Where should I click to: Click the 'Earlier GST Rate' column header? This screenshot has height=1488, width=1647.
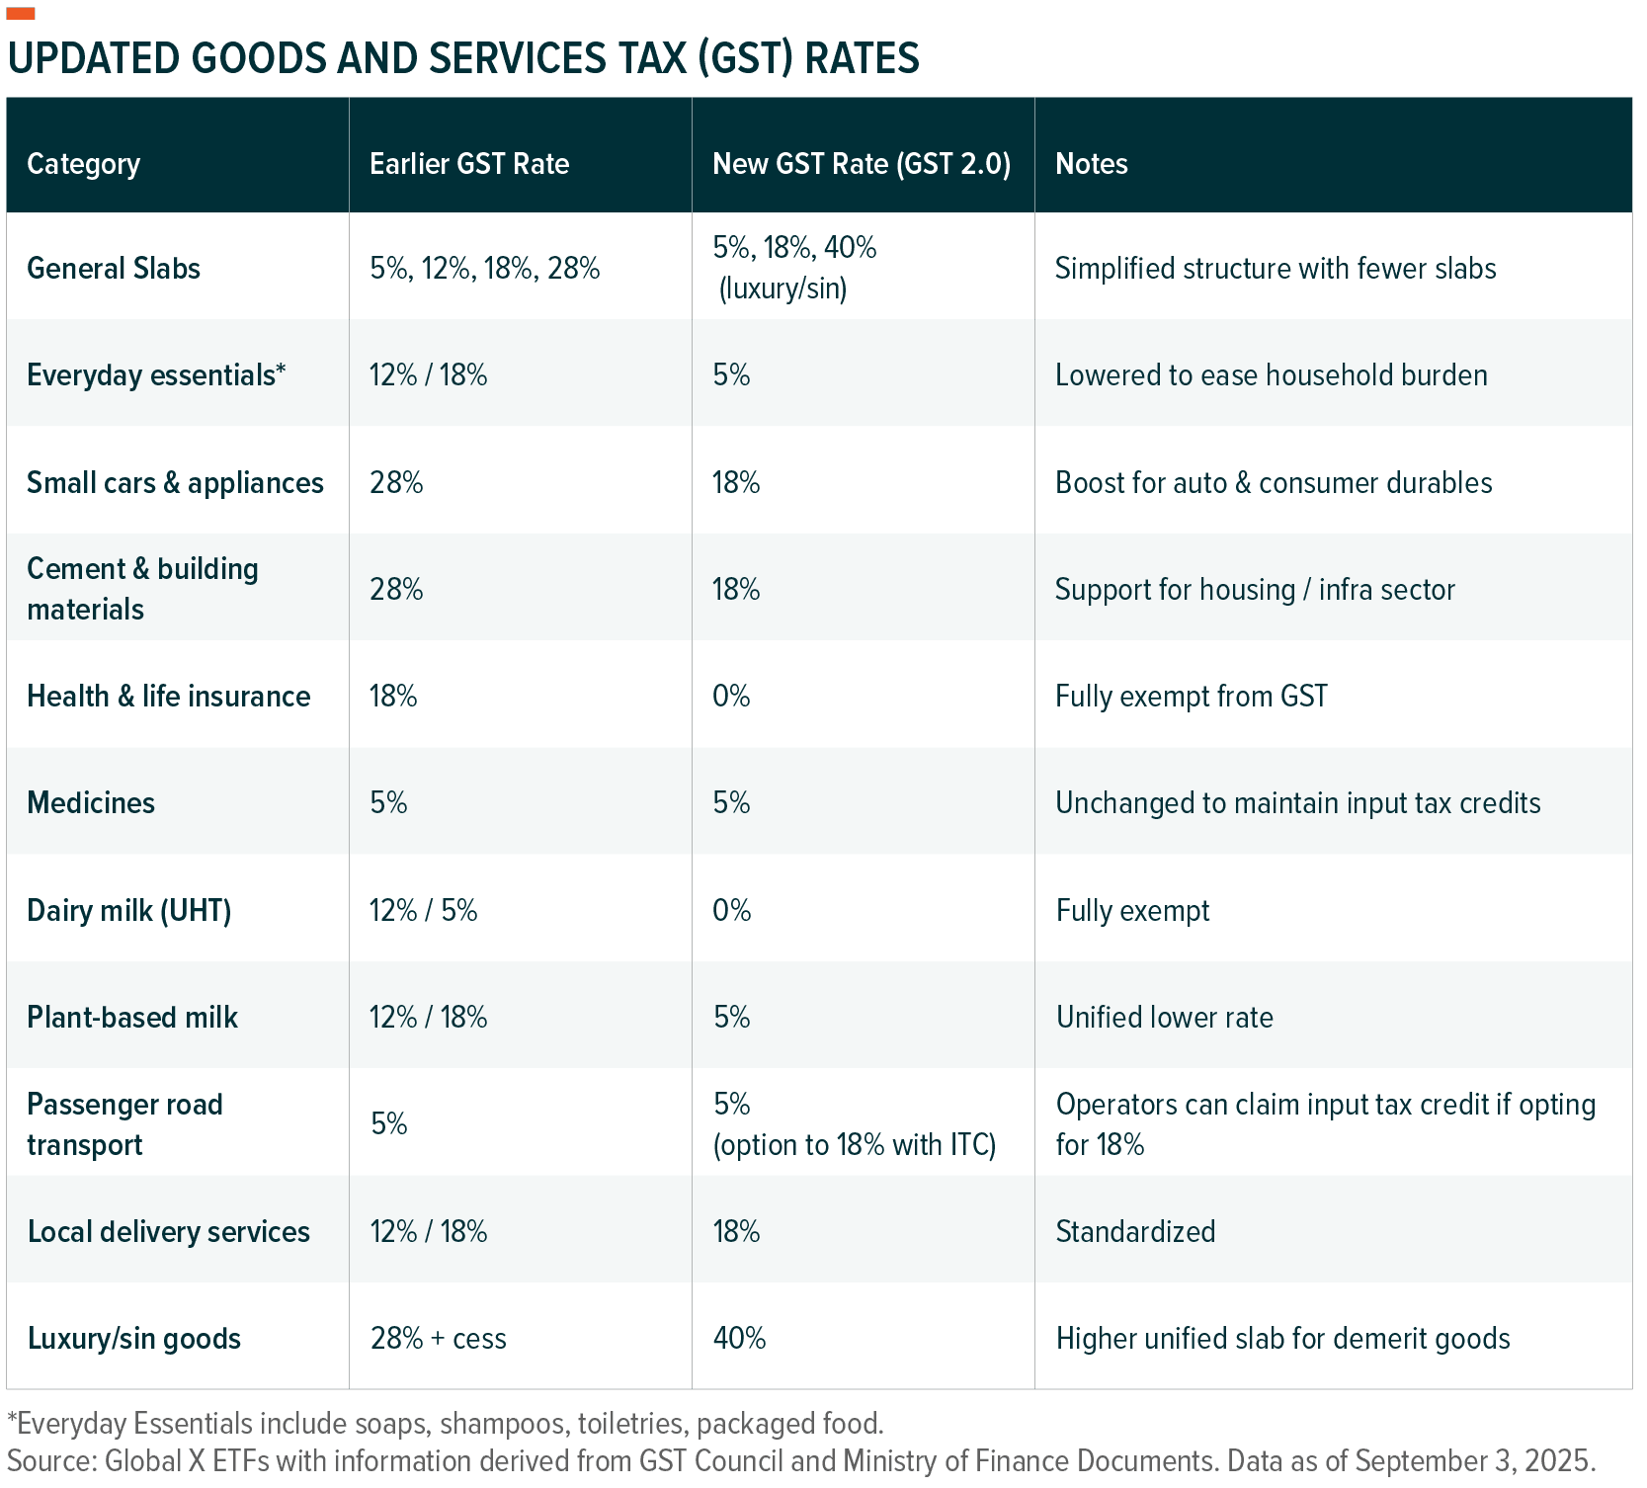469,164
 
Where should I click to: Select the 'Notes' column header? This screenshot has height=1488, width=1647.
1091,164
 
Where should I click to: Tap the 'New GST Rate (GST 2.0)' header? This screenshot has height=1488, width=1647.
861,164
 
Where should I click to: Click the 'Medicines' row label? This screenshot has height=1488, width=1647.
91,802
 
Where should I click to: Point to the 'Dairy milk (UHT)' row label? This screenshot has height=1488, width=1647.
128,910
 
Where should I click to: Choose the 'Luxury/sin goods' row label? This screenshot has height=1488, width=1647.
133,1339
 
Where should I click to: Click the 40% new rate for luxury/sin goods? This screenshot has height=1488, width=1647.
739,1339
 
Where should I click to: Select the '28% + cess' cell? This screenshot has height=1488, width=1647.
438,1339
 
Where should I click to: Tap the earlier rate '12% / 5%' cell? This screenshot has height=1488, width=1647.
423,910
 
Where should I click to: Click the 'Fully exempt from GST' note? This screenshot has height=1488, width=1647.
1191,697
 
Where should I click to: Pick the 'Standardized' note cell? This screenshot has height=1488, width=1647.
1135,1232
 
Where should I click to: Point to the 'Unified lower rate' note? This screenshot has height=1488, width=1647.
1164,1018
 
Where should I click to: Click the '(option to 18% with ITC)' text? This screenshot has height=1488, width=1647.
854,1145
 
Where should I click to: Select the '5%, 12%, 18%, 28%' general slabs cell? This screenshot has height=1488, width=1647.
484,269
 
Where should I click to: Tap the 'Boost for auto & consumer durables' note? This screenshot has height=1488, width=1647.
1273,483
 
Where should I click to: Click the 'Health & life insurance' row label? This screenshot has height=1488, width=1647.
168,697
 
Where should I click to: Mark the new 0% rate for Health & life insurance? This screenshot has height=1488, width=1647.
731,697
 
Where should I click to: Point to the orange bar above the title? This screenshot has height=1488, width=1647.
21,13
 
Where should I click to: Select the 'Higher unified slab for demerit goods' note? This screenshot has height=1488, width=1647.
1282,1339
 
